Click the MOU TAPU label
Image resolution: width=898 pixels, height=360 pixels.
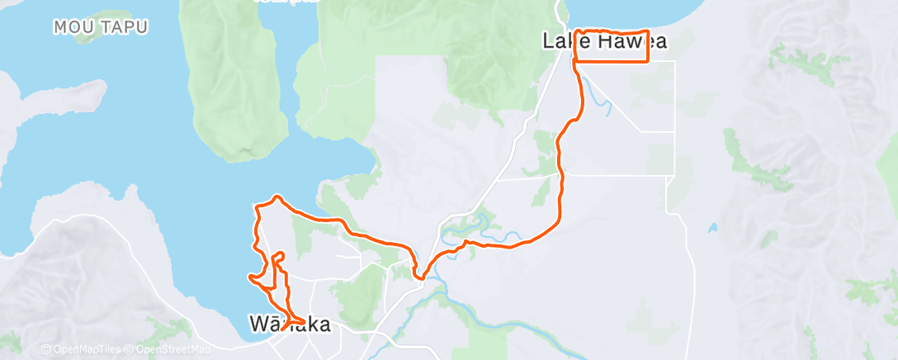[101, 27]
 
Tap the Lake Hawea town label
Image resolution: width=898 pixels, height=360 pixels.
[604, 40]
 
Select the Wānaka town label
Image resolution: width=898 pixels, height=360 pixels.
[290, 324]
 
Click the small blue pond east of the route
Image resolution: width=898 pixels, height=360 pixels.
[712, 227]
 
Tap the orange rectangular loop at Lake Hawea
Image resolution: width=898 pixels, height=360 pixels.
[612, 46]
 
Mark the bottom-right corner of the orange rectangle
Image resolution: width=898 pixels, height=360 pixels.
[648, 61]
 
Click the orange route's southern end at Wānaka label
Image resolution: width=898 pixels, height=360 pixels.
[283, 329]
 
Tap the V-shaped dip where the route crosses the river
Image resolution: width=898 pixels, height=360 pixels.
[421, 277]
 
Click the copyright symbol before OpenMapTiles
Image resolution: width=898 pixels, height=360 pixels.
[45, 349]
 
